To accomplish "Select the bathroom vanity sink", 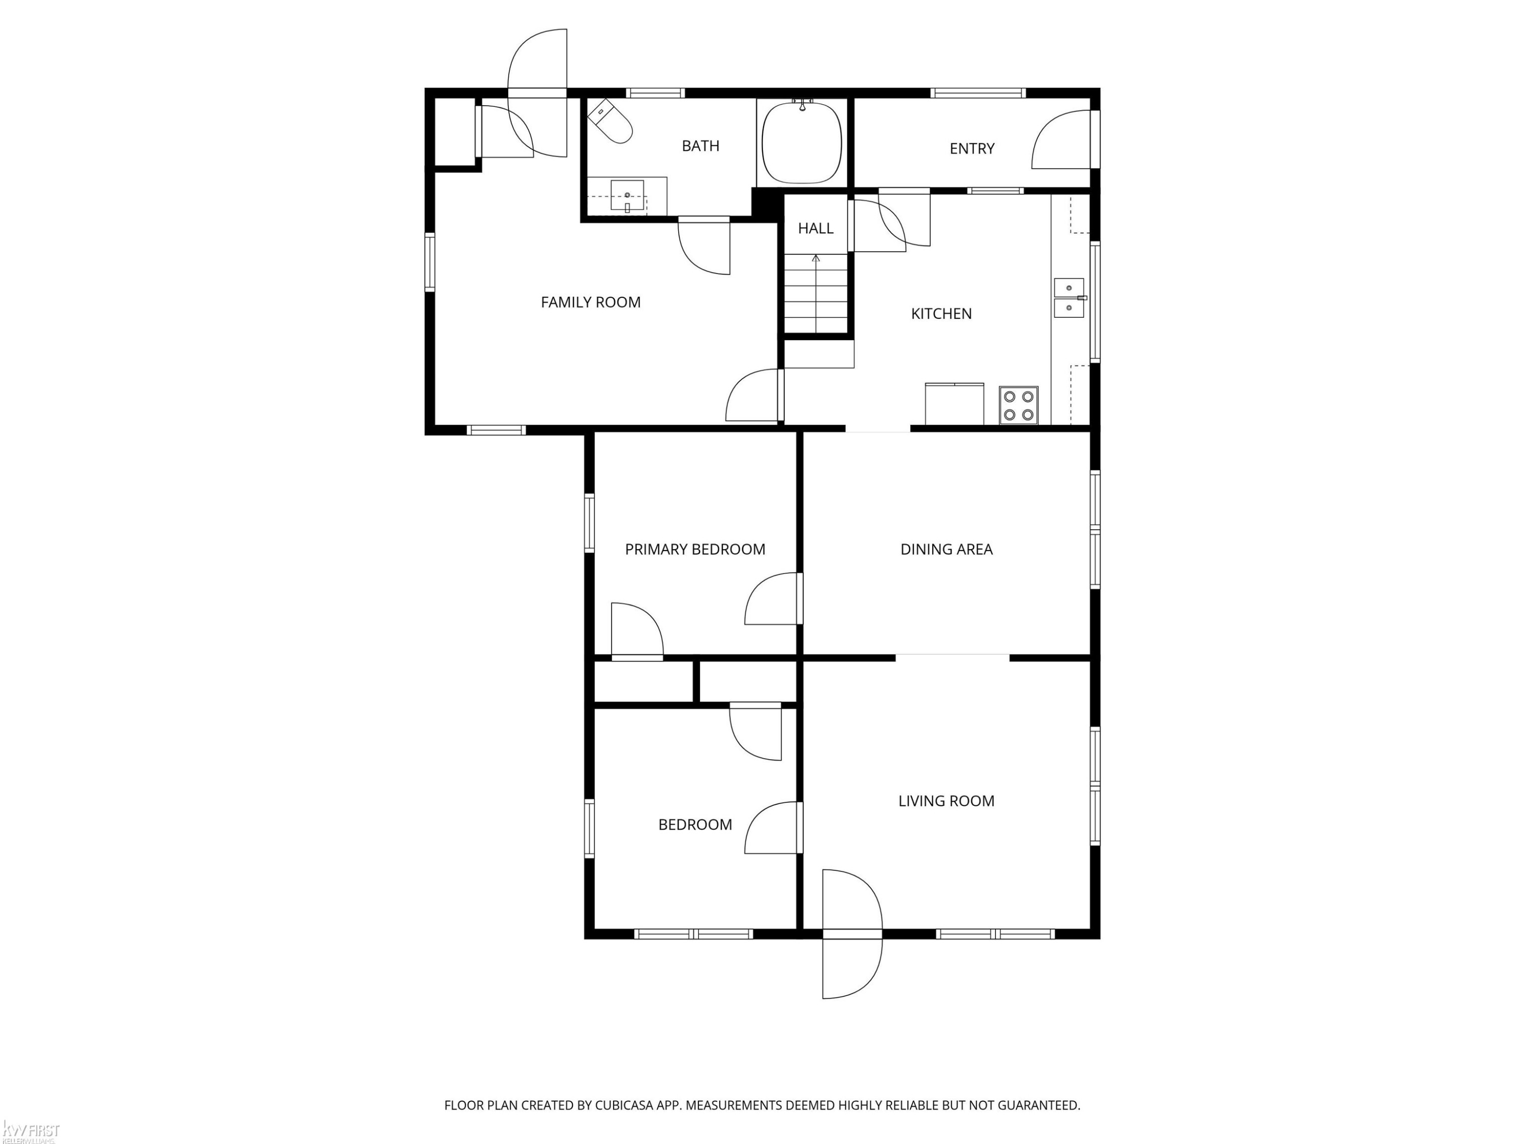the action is pyautogui.click(x=627, y=196).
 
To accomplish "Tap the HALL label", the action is pyautogui.click(x=815, y=228).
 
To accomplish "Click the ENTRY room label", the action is pyautogui.click(x=972, y=148).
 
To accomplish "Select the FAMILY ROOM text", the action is pyautogui.click(x=591, y=302).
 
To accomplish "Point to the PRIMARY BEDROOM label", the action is pyautogui.click(x=695, y=550).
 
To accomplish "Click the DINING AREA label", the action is pyautogui.click(x=947, y=550).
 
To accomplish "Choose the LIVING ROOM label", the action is pyautogui.click(x=947, y=801).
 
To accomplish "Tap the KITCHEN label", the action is pyautogui.click(x=941, y=314).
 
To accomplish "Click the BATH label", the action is pyautogui.click(x=700, y=146).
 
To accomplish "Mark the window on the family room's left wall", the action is pyautogui.click(x=430, y=262).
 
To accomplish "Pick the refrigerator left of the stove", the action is pyautogui.click(x=954, y=404).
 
